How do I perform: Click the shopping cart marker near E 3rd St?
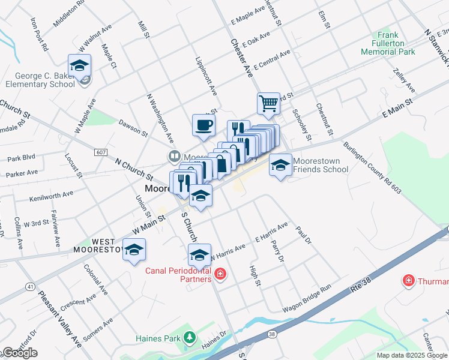tap(268, 103)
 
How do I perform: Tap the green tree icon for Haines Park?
tap(190, 338)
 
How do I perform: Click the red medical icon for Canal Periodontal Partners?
tap(220, 275)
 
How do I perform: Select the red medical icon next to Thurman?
tap(409, 280)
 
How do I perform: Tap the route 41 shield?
tap(29, 287)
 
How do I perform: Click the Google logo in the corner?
tap(20, 353)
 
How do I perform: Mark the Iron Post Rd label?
tap(40, 34)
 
